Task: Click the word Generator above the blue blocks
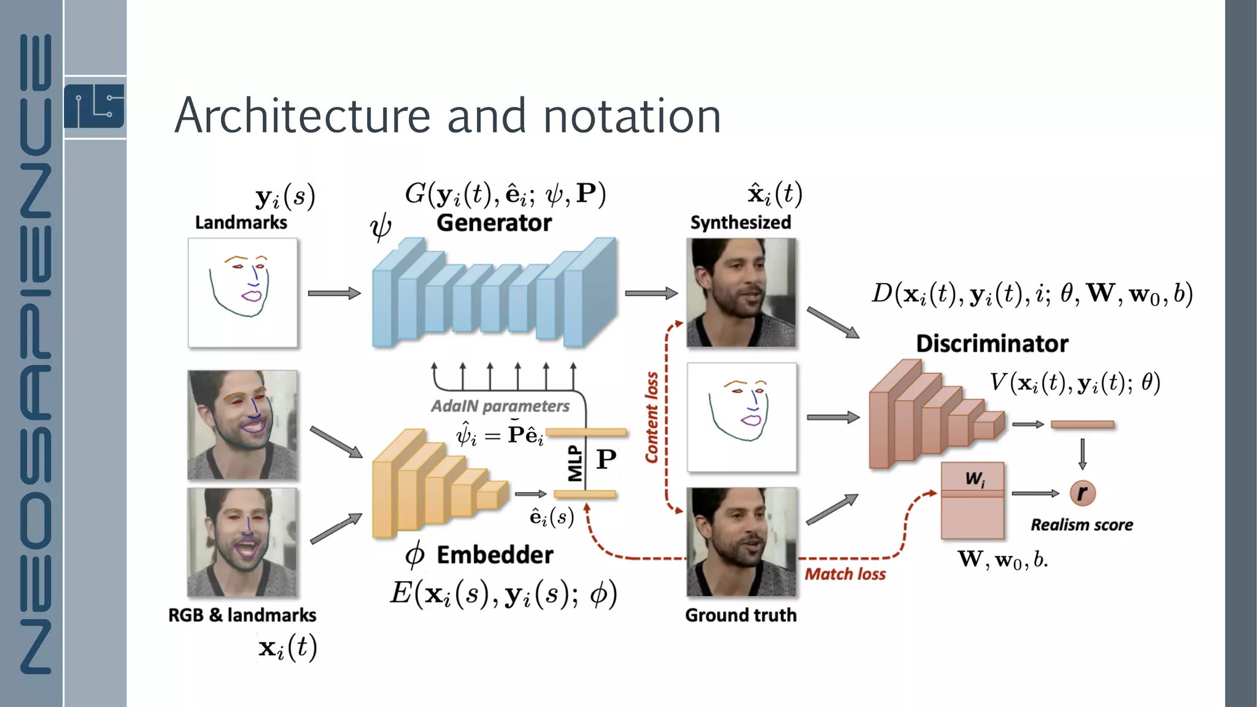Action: click(x=494, y=223)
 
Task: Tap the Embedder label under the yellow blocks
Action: click(x=495, y=555)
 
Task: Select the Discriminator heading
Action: click(x=992, y=344)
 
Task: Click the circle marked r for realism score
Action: click(x=1082, y=493)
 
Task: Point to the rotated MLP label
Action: click(x=575, y=463)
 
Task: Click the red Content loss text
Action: click(x=652, y=417)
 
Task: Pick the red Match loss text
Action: click(x=845, y=574)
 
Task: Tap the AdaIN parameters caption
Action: click(x=500, y=406)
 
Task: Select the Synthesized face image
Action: click(x=741, y=293)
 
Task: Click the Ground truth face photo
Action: click(x=741, y=542)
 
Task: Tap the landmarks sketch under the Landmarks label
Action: click(x=242, y=293)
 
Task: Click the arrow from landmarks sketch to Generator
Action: click(x=334, y=293)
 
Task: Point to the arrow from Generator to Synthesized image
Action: click(x=651, y=293)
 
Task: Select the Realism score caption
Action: click(x=1081, y=525)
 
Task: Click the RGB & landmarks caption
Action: click(x=242, y=615)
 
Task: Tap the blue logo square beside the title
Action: click(x=95, y=107)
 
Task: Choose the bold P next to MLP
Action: click(x=606, y=459)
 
